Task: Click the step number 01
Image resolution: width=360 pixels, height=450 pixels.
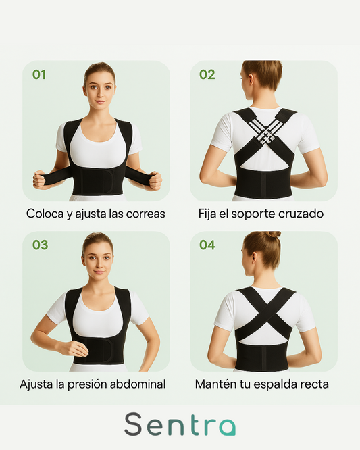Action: click(39, 74)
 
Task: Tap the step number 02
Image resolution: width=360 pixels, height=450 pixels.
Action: click(207, 74)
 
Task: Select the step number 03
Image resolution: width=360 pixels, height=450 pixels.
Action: click(40, 245)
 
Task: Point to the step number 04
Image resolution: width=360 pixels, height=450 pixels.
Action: click(207, 245)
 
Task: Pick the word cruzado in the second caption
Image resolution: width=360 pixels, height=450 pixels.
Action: click(302, 214)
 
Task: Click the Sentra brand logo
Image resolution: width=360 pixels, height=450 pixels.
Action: click(180, 424)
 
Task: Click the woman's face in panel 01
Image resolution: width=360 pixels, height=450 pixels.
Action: click(99, 87)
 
